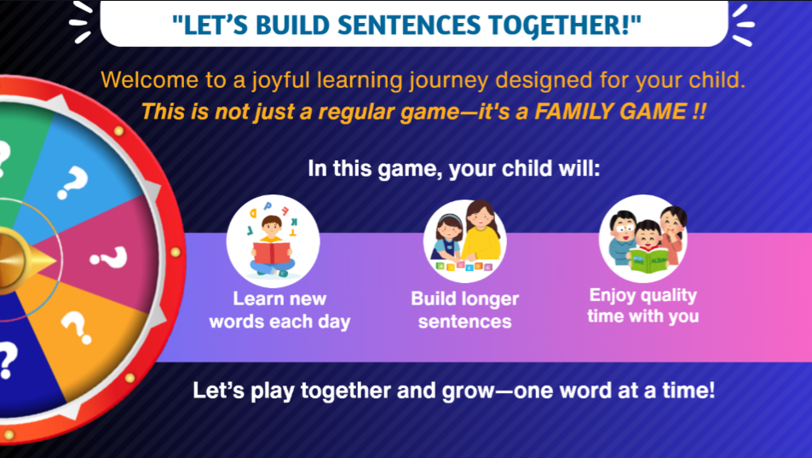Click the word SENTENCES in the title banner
409,26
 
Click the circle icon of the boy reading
273,241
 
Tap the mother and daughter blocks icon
465,240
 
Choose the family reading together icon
643,239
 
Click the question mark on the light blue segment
72,183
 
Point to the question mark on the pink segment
109,257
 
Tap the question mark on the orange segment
77,328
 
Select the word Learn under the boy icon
253,299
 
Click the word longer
489,299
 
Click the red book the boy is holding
273,252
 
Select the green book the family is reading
649,259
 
